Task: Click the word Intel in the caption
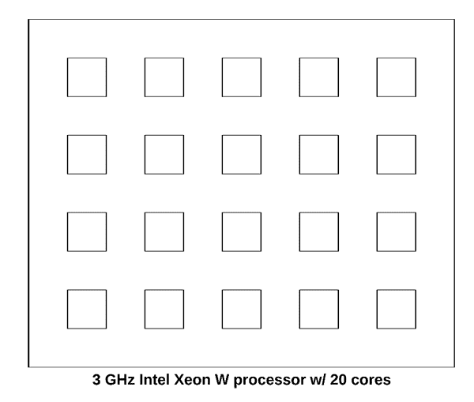(154, 380)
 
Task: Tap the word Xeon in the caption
(192, 380)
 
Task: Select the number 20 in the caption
(338, 380)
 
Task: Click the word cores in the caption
(371, 381)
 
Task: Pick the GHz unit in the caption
(120, 380)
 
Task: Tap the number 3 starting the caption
(96, 380)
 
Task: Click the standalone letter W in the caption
(222, 380)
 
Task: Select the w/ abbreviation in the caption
(318, 380)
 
